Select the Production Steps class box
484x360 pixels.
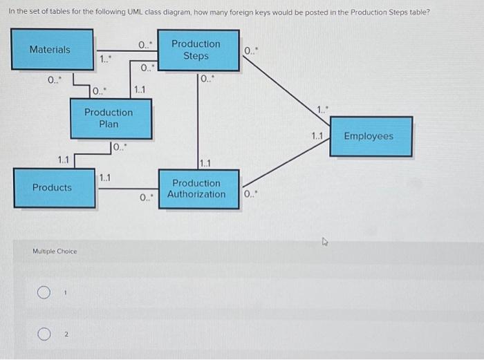tap(198, 49)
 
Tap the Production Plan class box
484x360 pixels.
tap(111, 118)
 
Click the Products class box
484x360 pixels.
tap(53, 187)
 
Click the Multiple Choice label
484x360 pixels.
tap(55, 251)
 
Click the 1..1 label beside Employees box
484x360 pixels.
tap(317, 136)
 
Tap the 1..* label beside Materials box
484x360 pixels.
tap(104, 59)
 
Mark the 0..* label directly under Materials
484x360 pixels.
tap(55, 80)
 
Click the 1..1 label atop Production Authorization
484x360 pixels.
tap(206, 164)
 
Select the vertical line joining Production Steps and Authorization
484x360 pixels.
tap(198, 117)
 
